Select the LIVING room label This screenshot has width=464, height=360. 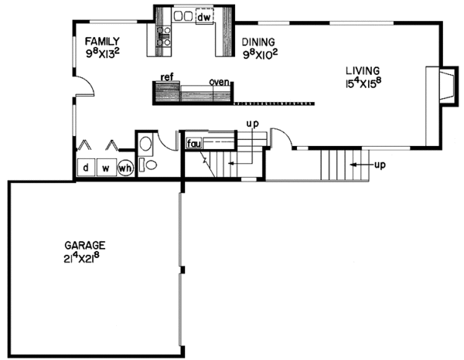click(363, 70)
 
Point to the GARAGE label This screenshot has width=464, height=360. click(84, 244)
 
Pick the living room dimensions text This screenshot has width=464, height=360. click(367, 83)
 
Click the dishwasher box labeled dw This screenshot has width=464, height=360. click(204, 16)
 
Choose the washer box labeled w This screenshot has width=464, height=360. click(105, 168)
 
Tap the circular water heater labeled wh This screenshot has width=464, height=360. click(125, 168)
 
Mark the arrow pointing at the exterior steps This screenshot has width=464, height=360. click(357, 165)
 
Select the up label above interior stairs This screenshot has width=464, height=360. click(251, 124)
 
